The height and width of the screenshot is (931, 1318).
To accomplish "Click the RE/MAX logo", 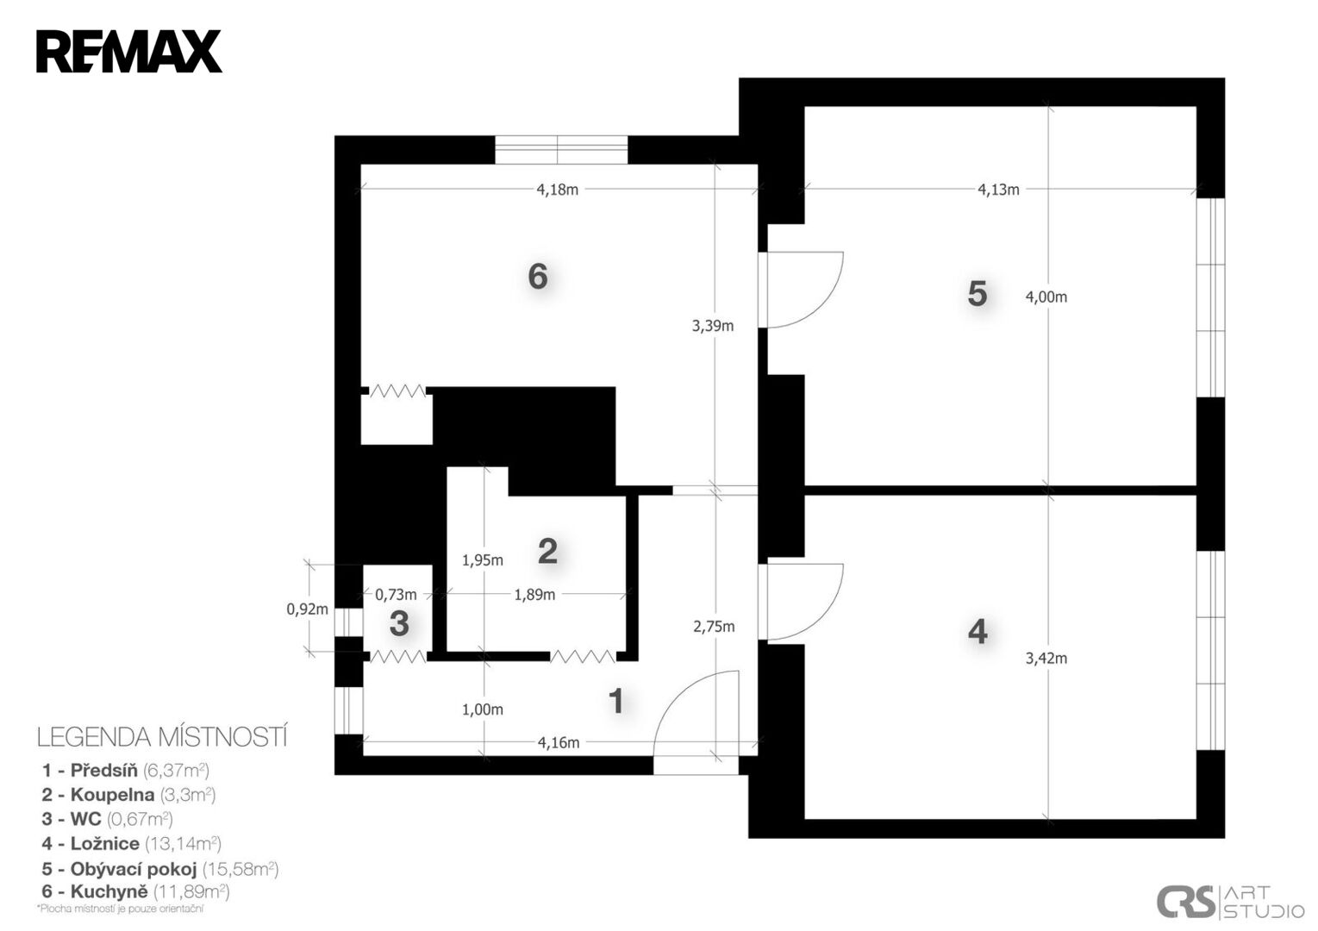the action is [x=128, y=52].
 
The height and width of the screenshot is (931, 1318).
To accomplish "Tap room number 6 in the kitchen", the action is [x=538, y=276].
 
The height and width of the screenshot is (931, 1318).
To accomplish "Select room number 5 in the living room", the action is [x=978, y=294].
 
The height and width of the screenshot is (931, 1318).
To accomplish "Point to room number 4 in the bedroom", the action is [x=978, y=632].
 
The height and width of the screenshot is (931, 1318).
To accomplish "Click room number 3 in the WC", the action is [x=399, y=624].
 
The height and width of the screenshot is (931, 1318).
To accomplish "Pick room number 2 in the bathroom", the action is [x=547, y=551].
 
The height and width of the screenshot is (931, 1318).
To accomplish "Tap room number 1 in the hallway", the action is [x=616, y=701].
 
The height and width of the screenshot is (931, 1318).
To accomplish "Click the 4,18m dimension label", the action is [x=557, y=190].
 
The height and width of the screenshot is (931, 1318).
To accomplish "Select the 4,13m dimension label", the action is [x=998, y=190].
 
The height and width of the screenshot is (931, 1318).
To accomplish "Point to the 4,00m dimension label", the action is [x=1046, y=297].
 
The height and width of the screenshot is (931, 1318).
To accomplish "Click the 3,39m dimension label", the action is [x=713, y=326].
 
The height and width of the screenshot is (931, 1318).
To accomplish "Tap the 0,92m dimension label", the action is [x=307, y=609].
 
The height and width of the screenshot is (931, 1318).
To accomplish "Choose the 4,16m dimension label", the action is [x=559, y=743].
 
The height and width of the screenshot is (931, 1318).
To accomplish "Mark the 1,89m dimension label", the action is [x=534, y=595].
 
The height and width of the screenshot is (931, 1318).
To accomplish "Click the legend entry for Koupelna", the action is [x=128, y=795].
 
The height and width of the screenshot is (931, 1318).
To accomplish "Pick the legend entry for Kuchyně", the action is [x=135, y=892].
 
